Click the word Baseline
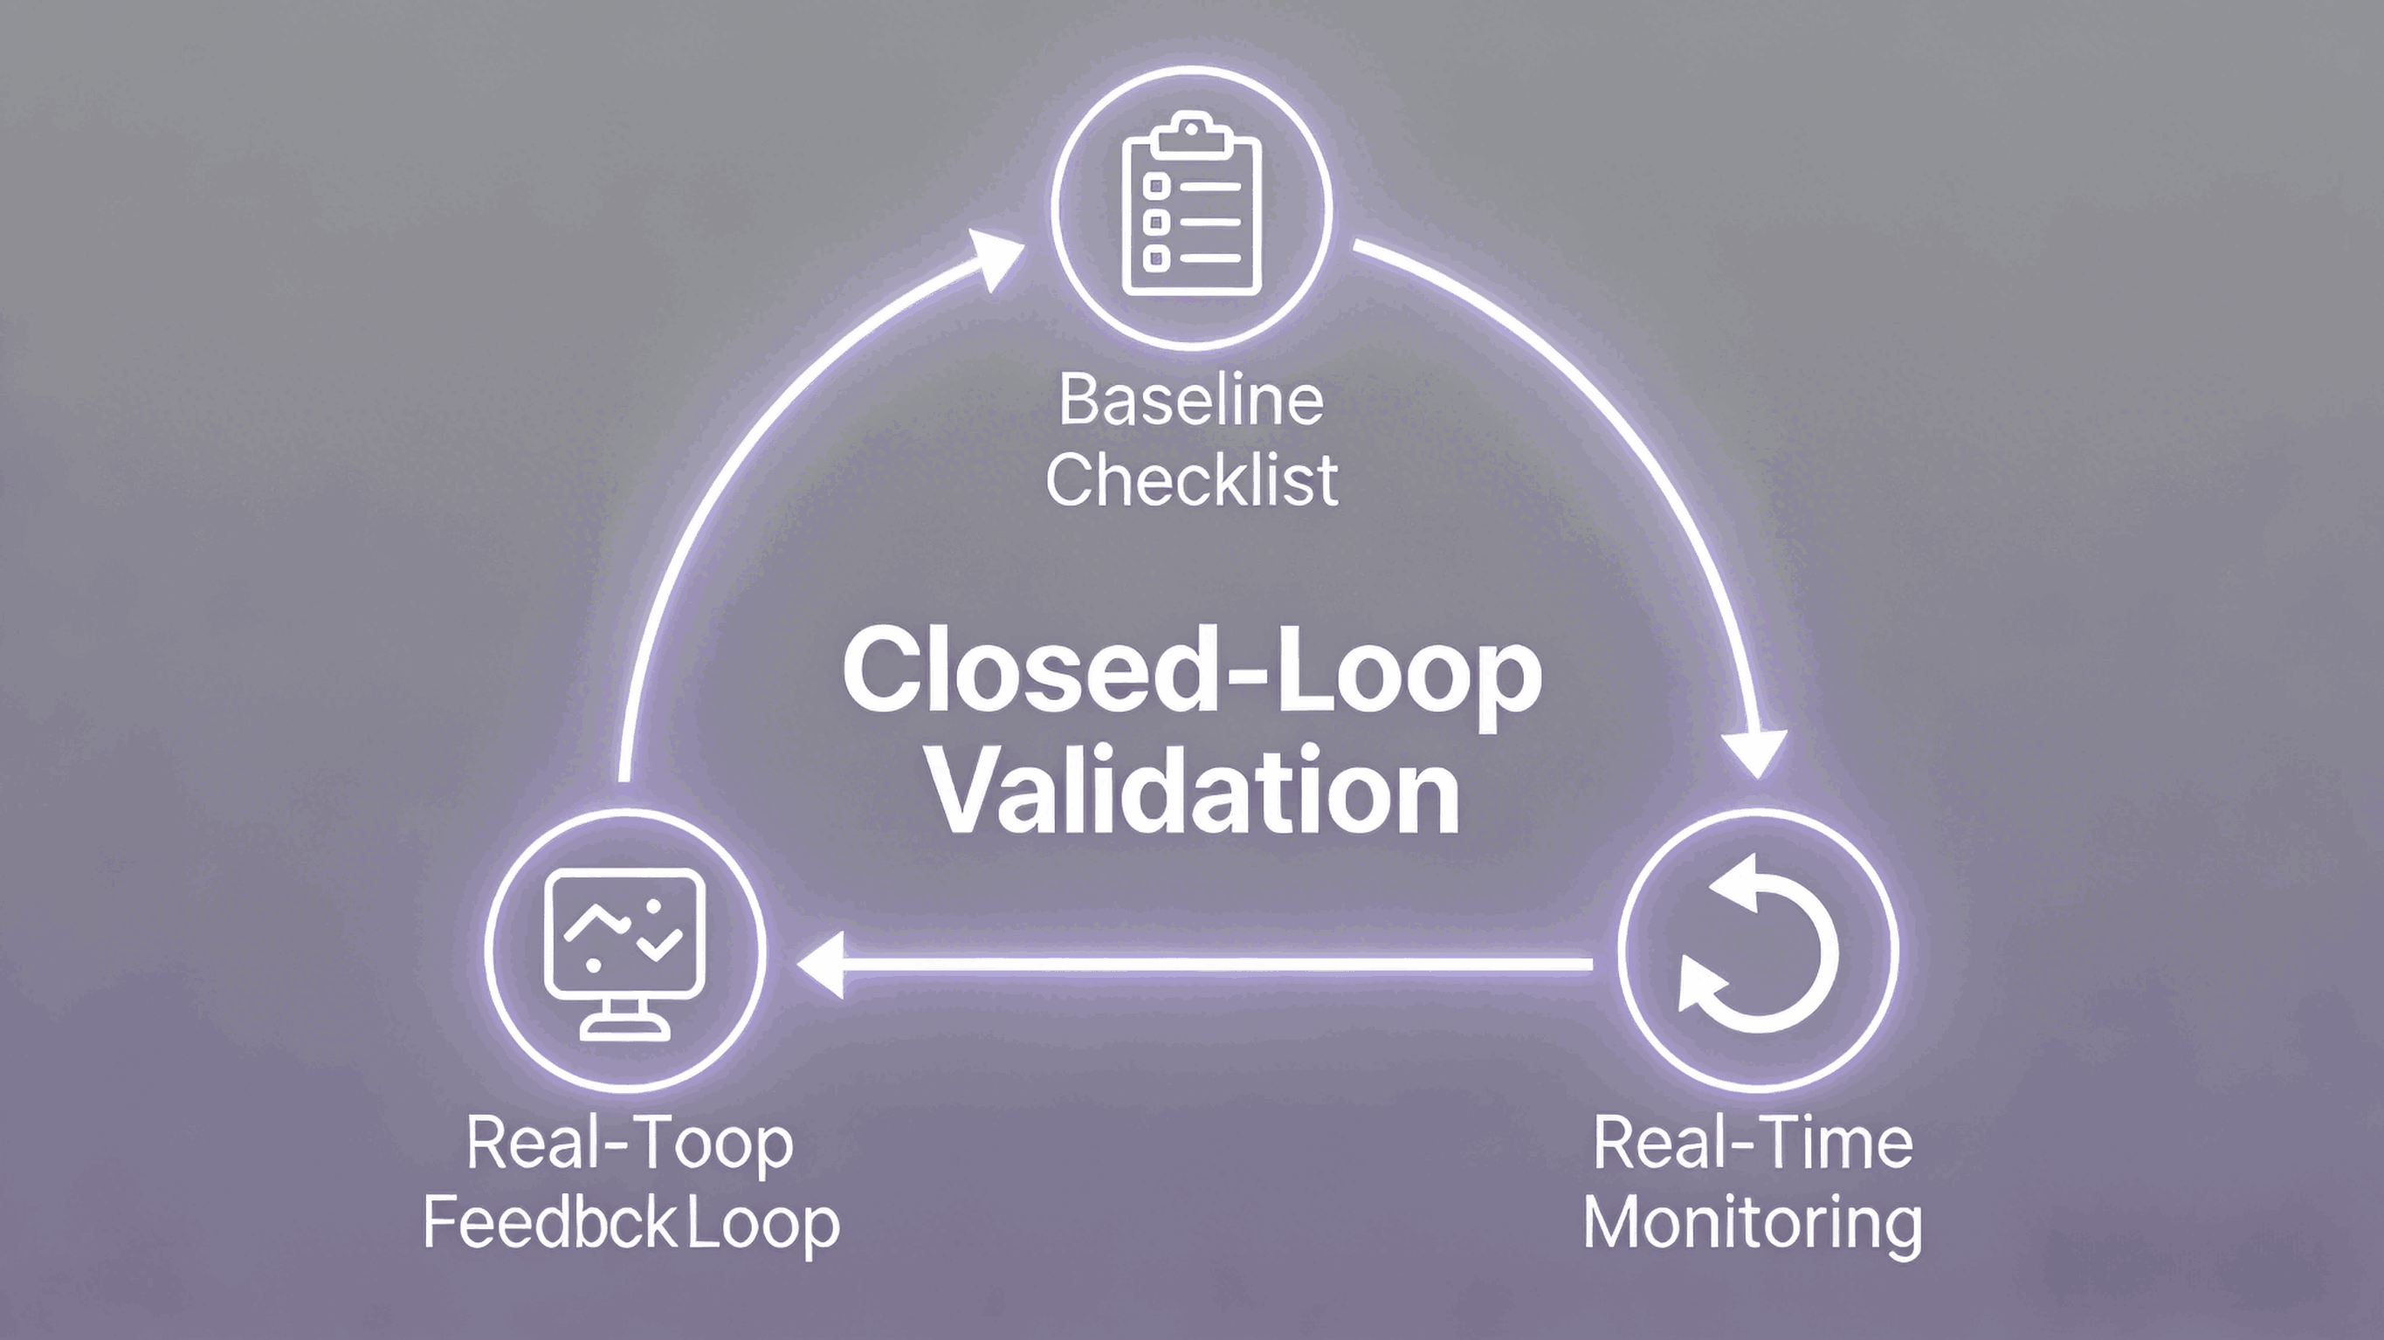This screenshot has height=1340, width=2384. (x=1191, y=401)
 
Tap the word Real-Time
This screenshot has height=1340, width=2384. (x=1753, y=1144)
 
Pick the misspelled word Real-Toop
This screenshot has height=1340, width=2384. (x=630, y=1144)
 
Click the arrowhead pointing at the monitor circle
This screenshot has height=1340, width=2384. (x=820, y=965)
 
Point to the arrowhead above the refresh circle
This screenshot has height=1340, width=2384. (x=1755, y=753)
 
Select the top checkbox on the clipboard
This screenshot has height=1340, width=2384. (x=1156, y=186)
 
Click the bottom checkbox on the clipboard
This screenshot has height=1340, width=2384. (x=1156, y=258)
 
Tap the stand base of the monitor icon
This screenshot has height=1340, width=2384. (x=624, y=1027)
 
